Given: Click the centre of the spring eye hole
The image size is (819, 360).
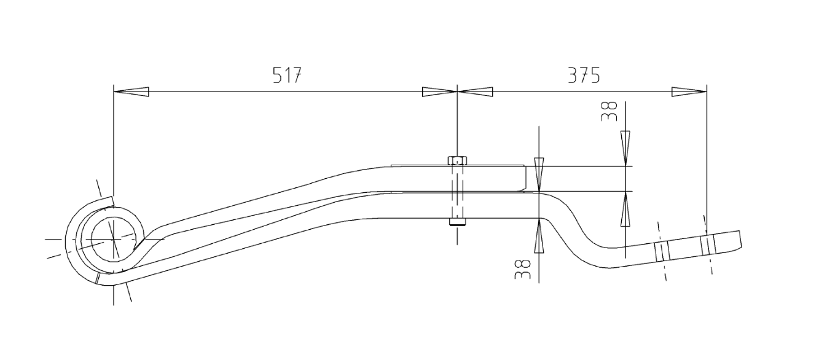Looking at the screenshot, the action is click(x=114, y=239).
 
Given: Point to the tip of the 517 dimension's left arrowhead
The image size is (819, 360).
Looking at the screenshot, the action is click(x=114, y=92).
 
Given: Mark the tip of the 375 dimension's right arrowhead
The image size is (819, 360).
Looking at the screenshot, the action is click(x=707, y=92).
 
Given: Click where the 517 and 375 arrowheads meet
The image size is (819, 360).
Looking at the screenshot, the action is click(x=457, y=92).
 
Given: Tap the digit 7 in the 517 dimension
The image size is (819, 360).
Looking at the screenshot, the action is click(x=296, y=75).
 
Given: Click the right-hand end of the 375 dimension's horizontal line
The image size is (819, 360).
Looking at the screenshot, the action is click(x=707, y=92).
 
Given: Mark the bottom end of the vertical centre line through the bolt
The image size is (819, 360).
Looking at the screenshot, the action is click(x=457, y=244).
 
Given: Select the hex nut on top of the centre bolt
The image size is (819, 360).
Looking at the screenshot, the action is click(x=457, y=161).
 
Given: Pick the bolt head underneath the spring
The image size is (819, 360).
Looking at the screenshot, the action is click(x=457, y=222).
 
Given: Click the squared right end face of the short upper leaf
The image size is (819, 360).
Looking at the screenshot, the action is click(x=526, y=179).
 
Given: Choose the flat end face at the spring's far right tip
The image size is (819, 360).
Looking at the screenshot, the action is click(x=740, y=239).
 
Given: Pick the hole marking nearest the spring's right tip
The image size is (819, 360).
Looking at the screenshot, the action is click(x=708, y=245).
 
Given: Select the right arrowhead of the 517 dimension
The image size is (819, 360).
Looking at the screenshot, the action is click(x=439, y=92).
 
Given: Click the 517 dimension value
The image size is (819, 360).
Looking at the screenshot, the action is click(x=288, y=75).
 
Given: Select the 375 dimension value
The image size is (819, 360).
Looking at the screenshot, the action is click(x=584, y=75).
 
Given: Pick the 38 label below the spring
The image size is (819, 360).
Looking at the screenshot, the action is click(x=522, y=269).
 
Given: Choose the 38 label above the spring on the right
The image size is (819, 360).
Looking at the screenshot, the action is click(x=609, y=111).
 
